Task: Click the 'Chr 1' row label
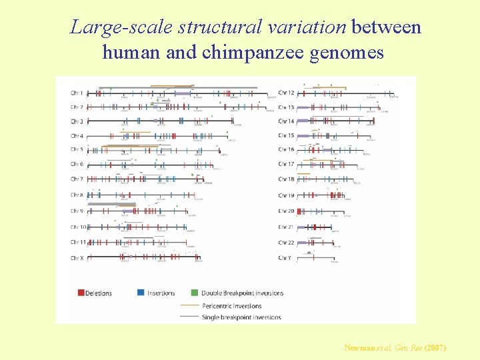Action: [77, 92]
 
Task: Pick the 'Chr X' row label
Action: [77, 257]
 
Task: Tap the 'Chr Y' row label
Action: [285, 258]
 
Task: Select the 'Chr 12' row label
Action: [287, 92]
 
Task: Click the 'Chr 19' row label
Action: [287, 195]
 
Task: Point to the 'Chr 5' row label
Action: [77, 149]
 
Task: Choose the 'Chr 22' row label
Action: [287, 243]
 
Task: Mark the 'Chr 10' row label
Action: [79, 227]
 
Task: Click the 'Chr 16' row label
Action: [287, 149]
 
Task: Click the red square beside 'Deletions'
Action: [81, 293]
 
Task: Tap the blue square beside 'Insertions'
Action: [141, 293]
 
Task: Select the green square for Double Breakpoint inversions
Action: [195, 293]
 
